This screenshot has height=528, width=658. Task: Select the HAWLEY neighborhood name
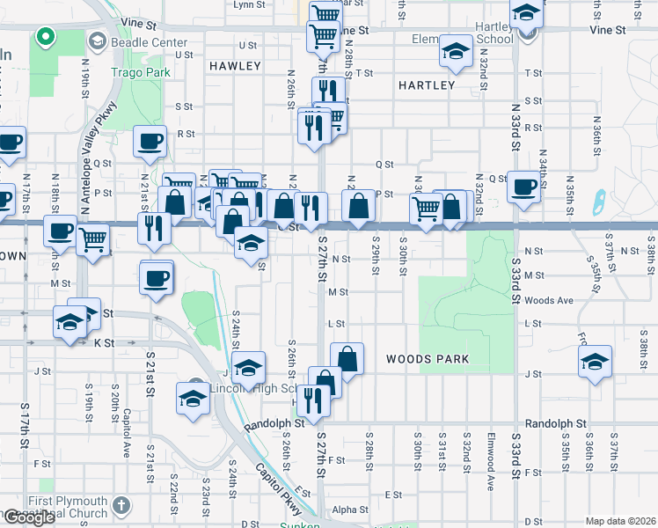(235, 66)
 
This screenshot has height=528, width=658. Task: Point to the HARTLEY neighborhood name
(426, 85)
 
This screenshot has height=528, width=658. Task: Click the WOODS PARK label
(427, 359)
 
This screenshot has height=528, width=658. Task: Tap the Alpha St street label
(350, 510)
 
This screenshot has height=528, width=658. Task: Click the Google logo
(29, 517)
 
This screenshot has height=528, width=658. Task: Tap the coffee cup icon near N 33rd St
(524, 186)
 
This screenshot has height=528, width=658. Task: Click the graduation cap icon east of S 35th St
(595, 362)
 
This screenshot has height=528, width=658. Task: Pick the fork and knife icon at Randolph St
(314, 400)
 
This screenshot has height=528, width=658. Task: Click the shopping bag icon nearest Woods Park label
(347, 358)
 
